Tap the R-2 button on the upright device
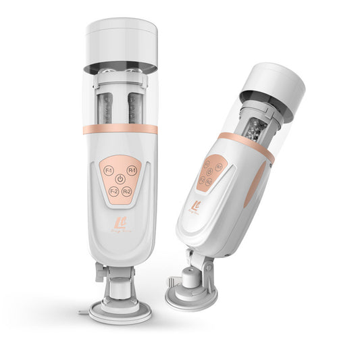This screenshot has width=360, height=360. (x=127, y=191)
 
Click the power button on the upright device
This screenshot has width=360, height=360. (x=120, y=180)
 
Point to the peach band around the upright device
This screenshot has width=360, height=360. (x=120, y=129)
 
